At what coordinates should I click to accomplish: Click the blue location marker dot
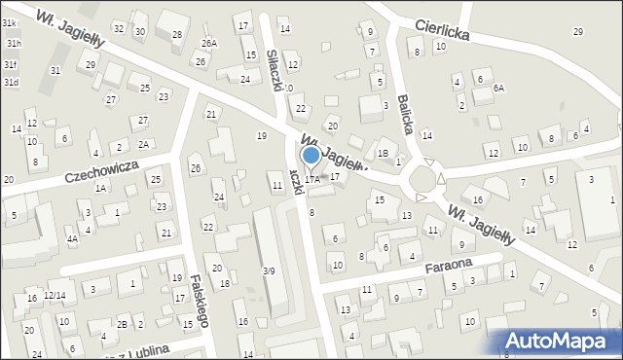pos(311,155)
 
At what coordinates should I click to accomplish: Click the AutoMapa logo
pos(561,340)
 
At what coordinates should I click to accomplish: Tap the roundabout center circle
pos(424,179)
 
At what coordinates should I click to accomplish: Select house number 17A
pos(311,179)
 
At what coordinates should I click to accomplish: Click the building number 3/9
pos(269,270)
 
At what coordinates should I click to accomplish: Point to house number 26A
pos(209,44)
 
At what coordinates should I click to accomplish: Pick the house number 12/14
pos(55,295)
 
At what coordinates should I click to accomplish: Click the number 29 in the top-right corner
pos(578,32)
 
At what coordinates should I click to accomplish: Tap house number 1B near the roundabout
pos(383,154)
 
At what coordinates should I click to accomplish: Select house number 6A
pos(498,88)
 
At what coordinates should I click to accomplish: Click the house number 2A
pos(143,144)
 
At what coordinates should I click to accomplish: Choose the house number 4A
pos(72,238)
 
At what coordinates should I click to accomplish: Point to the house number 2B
pos(122,324)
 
